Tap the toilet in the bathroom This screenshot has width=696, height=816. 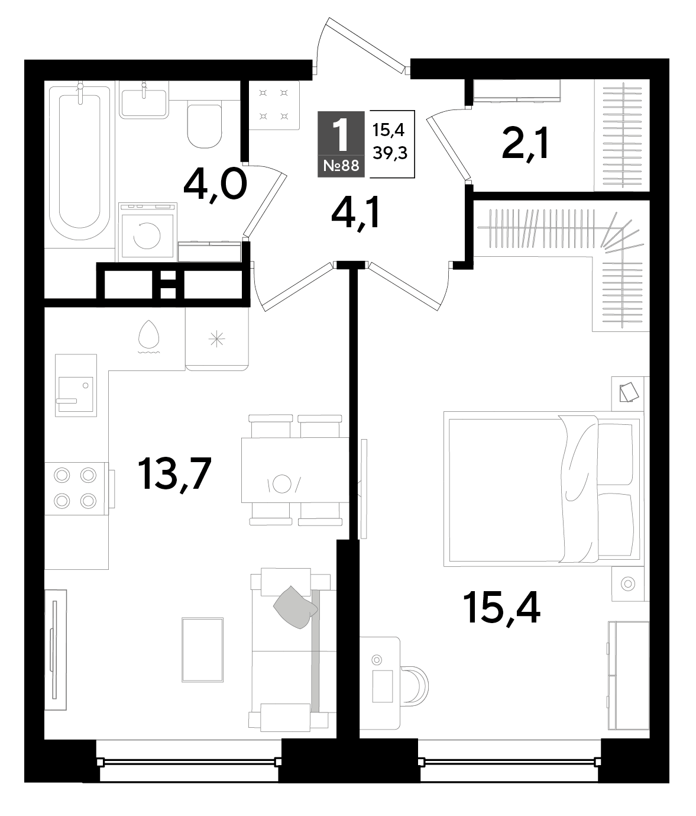[205, 125]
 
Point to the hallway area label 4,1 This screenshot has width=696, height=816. [356, 214]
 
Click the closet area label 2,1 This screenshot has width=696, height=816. [525, 142]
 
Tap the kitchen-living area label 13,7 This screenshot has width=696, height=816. [175, 474]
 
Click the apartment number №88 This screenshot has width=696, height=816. [341, 166]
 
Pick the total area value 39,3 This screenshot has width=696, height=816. [390, 153]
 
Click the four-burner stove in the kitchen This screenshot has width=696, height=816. [76, 489]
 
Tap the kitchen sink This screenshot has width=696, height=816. [76, 385]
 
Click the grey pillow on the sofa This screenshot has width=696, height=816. [295, 607]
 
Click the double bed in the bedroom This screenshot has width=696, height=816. [543, 489]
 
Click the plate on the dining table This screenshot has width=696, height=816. [281, 484]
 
